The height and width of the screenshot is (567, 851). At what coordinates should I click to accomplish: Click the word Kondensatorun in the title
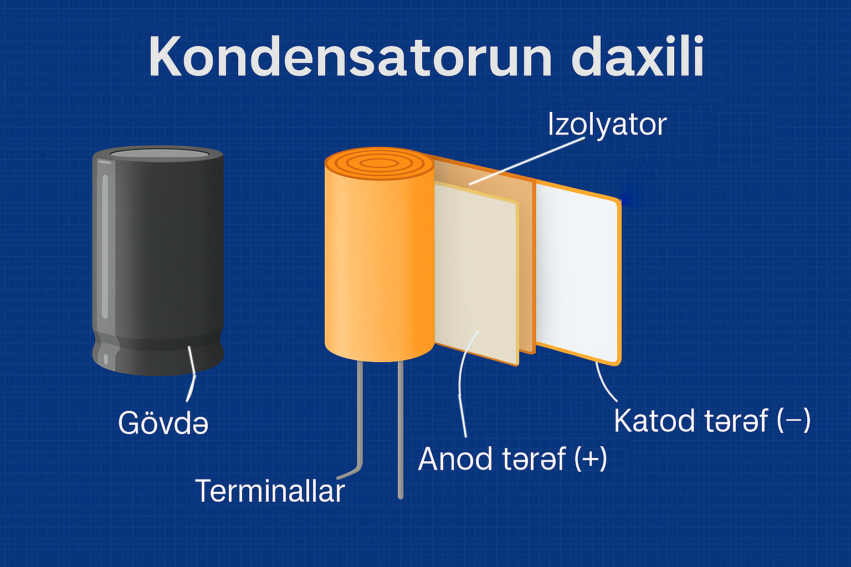point(350,56)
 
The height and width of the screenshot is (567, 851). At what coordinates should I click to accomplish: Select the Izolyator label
point(607,125)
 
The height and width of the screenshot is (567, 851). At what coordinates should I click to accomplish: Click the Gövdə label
point(163,422)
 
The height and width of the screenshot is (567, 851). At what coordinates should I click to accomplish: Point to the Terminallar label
point(270,491)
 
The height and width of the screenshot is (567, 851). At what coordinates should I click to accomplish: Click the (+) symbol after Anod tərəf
point(591,459)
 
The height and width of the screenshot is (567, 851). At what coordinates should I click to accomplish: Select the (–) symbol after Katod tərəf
point(794,421)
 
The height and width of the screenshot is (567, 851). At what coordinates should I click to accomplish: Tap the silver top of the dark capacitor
point(159,153)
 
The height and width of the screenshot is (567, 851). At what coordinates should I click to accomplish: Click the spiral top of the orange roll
point(379,164)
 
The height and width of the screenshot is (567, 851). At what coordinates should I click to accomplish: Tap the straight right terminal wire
point(400,430)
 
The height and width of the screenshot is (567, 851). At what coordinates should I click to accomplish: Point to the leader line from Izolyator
point(527,161)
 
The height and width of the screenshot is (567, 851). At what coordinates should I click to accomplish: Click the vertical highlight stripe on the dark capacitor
point(105,246)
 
